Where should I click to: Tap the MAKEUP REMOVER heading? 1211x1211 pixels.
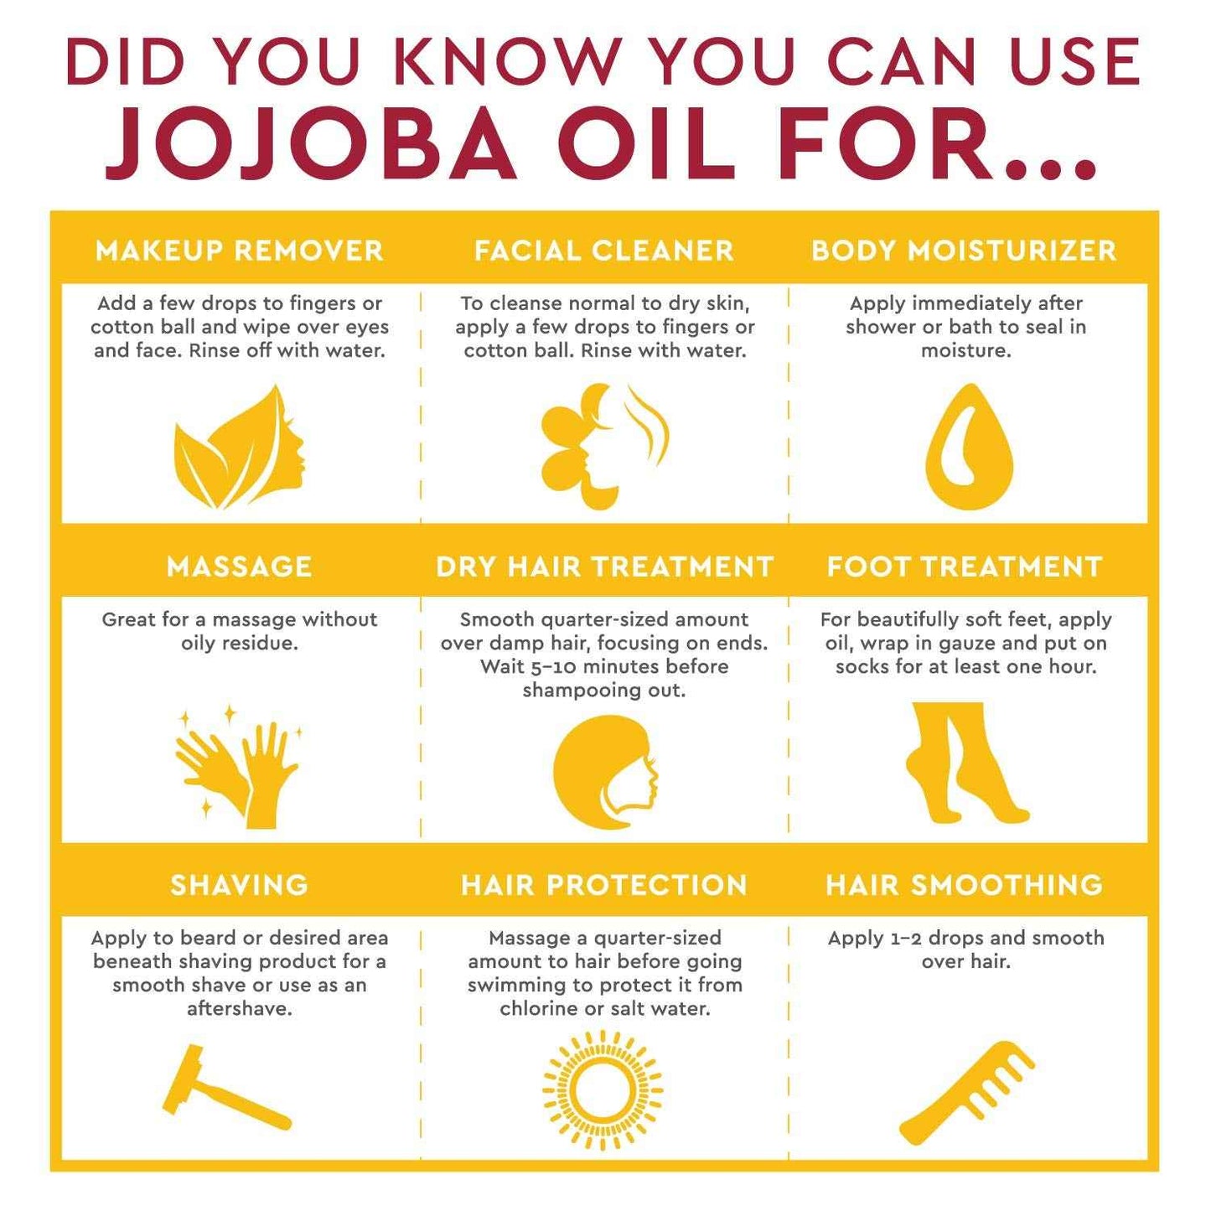pos(240,251)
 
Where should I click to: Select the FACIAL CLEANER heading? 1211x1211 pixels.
pos(604,251)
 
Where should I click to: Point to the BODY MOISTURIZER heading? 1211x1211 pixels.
pos(964,251)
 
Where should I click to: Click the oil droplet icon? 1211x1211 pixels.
pos(969,448)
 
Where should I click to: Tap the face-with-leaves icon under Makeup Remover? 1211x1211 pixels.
pos(240,448)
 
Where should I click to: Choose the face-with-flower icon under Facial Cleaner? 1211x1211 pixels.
pos(604,446)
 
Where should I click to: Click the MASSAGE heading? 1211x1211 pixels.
pos(240,567)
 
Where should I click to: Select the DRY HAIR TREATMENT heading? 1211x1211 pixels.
pos(604,567)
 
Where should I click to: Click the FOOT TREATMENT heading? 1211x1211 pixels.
pos(965,567)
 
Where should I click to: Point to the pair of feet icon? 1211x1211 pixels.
pos(965,763)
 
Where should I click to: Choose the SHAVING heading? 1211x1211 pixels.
pos(240,885)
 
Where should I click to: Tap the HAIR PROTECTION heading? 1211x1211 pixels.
pos(604,885)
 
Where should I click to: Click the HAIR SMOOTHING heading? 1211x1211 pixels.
pos(965,885)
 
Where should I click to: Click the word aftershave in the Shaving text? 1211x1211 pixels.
pos(240,1008)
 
